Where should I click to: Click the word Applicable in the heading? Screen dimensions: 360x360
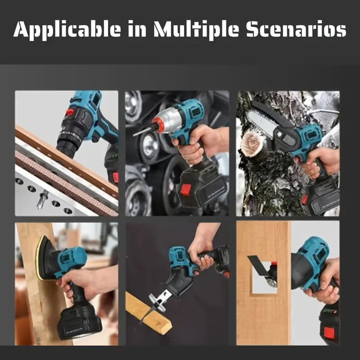pyautogui.click(x=67, y=29)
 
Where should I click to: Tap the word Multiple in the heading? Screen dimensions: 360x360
pyautogui.click(x=196, y=29)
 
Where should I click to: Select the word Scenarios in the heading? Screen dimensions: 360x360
pyautogui.click(x=297, y=29)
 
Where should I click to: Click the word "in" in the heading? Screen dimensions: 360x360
pyautogui.click(x=137, y=29)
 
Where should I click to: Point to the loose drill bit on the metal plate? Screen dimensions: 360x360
pyautogui.click(x=42, y=199)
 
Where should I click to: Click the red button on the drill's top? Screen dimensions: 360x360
pyautogui.click(x=69, y=112)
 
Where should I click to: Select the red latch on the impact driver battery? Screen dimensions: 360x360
pyautogui.click(x=186, y=189)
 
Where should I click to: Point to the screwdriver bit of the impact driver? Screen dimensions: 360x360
pyautogui.click(x=143, y=131)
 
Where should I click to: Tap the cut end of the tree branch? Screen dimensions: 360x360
pyautogui.click(x=252, y=144)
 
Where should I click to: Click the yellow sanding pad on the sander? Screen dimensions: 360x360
pyautogui.click(x=39, y=258)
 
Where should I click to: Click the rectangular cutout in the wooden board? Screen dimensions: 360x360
pyautogui.click(x=264, y=278)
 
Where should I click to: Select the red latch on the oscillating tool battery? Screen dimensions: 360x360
pyautogui.click(x=329, y=333)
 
